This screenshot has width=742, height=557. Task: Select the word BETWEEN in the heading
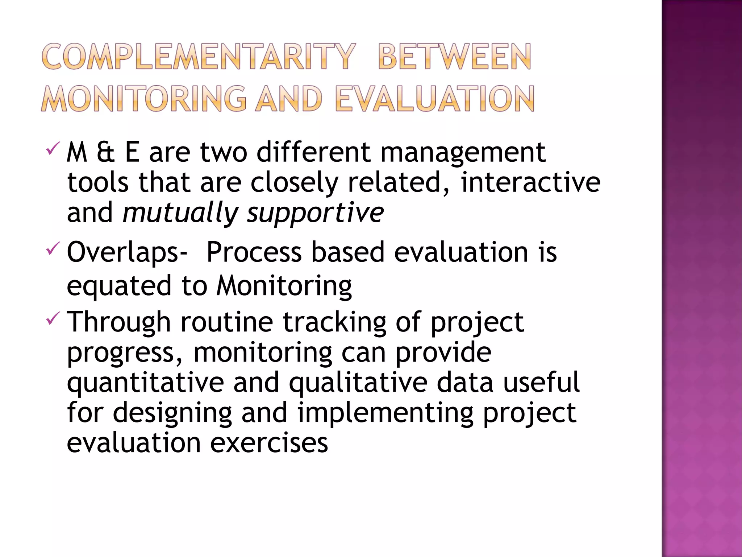454,57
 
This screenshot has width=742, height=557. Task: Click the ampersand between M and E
105,152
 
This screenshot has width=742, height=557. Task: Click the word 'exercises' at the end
269,443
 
